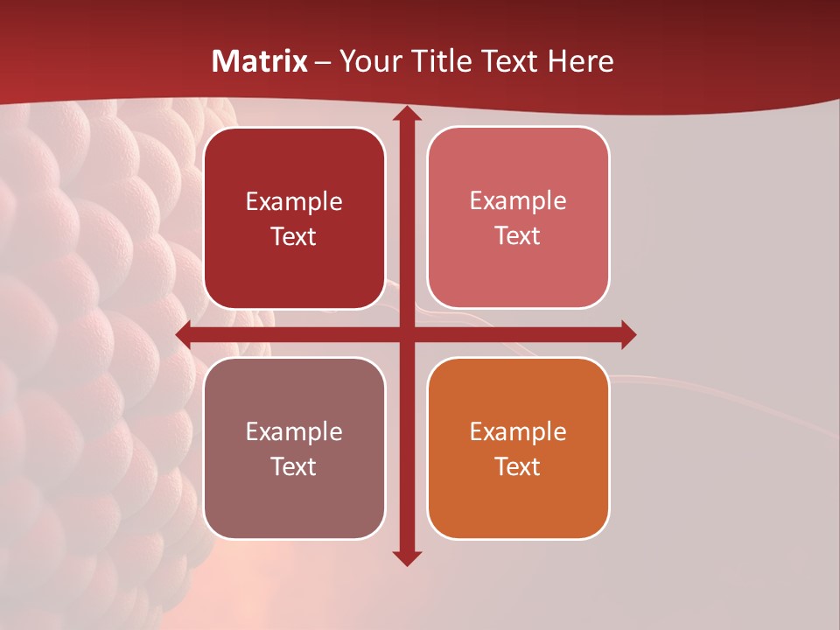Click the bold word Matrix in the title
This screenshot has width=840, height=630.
tap(260, 61)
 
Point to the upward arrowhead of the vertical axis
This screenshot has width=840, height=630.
tap(406, 114)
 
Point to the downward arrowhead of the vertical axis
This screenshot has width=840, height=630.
tap(406, 558)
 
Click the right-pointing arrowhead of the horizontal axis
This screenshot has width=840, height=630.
tap(628, 334)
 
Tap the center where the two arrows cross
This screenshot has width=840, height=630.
tap(406, 334)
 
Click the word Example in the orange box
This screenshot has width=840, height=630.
tap(518, 431)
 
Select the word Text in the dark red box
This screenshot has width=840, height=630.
tap(293, 237)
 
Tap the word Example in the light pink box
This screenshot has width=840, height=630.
tap(518, 200)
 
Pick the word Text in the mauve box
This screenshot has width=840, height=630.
tap(293, 467)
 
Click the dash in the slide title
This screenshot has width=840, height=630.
tap(323, 62)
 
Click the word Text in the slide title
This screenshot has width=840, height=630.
tap(511, 61)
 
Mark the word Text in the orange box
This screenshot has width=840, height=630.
tap(518, 467)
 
